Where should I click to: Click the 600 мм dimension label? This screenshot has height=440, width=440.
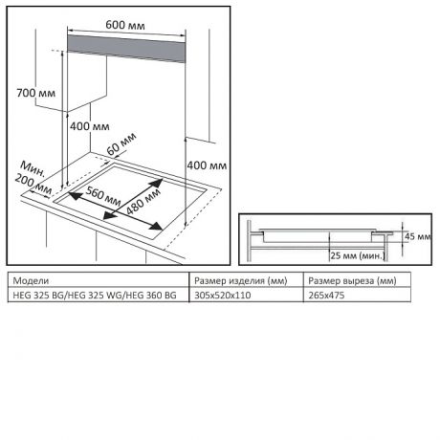point(125,25)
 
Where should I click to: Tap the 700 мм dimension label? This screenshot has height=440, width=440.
point(35,93)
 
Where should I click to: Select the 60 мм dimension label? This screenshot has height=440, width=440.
point(121,143)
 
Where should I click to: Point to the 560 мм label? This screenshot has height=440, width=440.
point(103,196)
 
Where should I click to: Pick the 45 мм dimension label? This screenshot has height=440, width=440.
point(418,236)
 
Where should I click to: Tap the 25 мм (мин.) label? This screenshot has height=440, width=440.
point(358,255)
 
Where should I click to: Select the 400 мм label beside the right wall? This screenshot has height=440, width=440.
point(207,165)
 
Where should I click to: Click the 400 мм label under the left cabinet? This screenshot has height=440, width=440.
point(90,126)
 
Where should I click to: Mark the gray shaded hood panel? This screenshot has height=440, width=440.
point(126,49)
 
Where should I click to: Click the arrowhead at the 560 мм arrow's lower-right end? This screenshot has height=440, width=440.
point(157,227)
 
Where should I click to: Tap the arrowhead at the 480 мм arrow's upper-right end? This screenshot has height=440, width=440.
point(157,184)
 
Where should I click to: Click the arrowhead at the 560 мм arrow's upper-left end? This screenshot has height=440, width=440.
point(75,195)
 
